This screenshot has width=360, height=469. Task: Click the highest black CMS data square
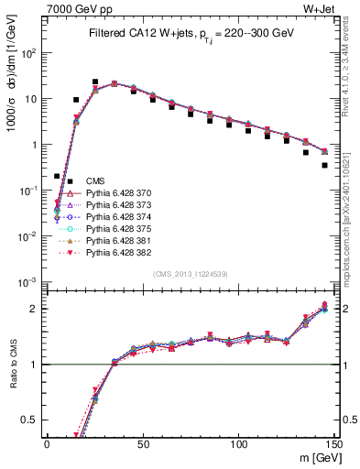point(95,82)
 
